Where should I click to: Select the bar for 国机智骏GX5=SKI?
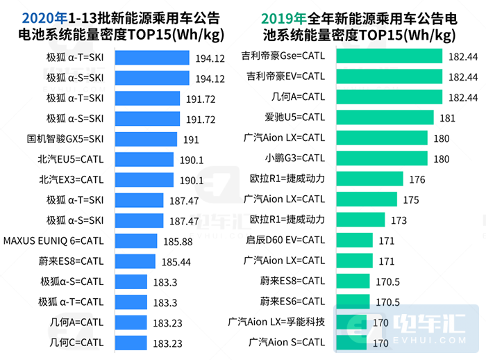pyautogui.click(x=144, y=139)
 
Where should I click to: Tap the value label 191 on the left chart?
pyautogui.click(x=191, y=140)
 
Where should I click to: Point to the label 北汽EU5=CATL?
pyautogui.click(x=71, y=159)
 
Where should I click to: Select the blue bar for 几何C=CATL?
pyautogui.click(x=130, y=343)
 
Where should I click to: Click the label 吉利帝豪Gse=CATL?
pyautogui.click(x=283, y=55)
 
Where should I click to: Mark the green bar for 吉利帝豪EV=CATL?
pyautogui.click(x=389, y=76)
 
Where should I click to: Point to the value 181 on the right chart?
pyautogui.click(x=447, y=117)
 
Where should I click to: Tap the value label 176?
pyautogui.click(x=417, y=179)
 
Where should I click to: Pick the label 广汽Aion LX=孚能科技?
pyautogui.click(x=276, y=322)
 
